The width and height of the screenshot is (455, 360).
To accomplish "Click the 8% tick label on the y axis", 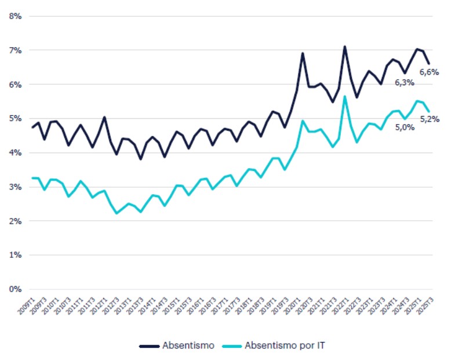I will click(15, 16).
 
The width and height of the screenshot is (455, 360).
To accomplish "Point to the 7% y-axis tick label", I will click(15, 50).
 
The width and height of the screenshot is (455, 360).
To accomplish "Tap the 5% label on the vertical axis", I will click(15, 119).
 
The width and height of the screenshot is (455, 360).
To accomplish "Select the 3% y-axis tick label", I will click(15, 187).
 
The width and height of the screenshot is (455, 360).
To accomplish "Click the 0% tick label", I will click(15, 289).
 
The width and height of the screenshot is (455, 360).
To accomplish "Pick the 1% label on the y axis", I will click(15, 255).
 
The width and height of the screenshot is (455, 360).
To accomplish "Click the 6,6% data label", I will click(429, 72).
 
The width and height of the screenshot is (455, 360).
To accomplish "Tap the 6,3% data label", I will click(404, 83).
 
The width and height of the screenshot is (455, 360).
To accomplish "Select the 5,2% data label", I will click(429, 119).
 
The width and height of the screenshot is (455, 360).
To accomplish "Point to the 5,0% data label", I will click(404, 128).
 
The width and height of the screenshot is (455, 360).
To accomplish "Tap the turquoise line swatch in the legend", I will click(232, 346).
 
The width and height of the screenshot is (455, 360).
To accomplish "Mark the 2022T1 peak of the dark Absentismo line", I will click(344, 46).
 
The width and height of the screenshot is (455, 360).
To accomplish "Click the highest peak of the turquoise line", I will click(344, 96).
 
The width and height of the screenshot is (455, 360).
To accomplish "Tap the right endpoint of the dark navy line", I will click(429, 64).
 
